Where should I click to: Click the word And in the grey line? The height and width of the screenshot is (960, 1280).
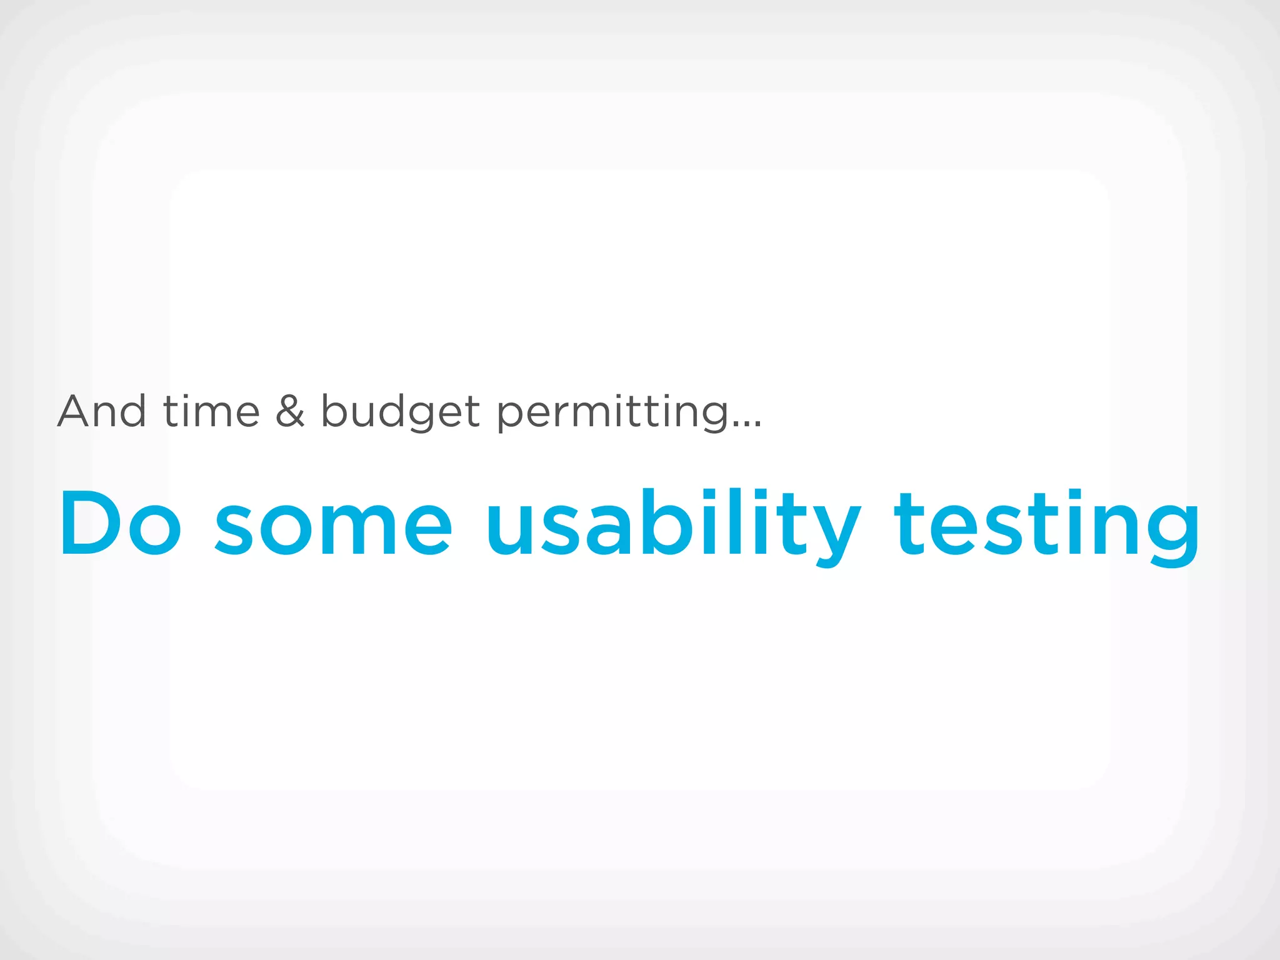[x=102, y=411]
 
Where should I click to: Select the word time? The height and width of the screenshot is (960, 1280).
[x=211, y=411]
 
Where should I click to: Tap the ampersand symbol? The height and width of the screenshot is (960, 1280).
[x=290, y=411]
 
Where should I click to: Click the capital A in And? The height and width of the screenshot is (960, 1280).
[x=75, y=411]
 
